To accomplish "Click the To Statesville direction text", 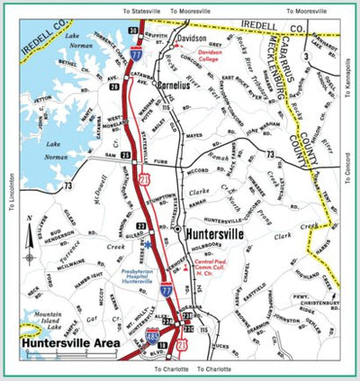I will (140, 11).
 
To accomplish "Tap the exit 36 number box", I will (132, 32).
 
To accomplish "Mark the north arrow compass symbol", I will (30, 237).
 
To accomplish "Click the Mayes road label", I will (193, 136).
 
